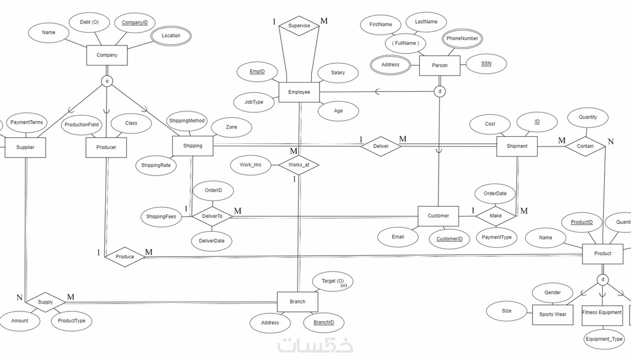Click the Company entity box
tap(107, 55)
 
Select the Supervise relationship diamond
tap(299, 26)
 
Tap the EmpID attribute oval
tap(257, 72)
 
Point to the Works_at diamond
tap(299, 165)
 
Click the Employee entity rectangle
tap(299, 92)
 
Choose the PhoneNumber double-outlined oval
tap(462, 39)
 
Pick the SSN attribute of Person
tap(486, 63)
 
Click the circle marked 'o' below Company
tap(107, 81)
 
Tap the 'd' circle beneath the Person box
tap(440, 91)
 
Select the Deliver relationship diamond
tap(381, 146)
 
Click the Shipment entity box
tap(517, 146)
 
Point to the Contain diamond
tap(585, 146)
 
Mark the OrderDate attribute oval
tap(495, 193)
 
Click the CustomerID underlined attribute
tap(449, 239)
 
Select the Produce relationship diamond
tap(125, 256)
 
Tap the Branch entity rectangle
tap(297, 302)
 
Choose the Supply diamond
tap(45, 302)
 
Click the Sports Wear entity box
tap(553, 314)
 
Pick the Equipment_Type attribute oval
tap(604, 339)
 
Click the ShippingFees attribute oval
tap(161, 216)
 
